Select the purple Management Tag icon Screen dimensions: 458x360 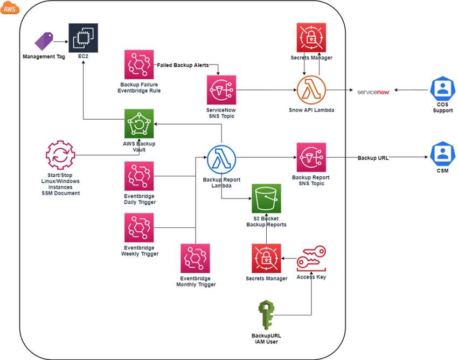pos(44,41)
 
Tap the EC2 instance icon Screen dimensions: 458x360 pos(83,38)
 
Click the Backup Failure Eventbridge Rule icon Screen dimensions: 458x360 pos(139,65)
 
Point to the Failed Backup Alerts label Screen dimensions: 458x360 pos(183,65)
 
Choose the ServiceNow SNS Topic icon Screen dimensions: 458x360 pos(221,90)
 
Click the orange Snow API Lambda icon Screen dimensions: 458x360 pos(311,90)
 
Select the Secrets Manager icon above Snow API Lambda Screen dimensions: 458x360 pos(311,38)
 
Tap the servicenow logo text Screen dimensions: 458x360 pos(373,92)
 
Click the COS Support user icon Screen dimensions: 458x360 pos(443,88)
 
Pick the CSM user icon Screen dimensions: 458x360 pos(443,154)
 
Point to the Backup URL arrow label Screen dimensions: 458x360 pos(373,158)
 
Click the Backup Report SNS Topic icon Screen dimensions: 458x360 pos(311,157)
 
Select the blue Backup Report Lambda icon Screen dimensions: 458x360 pos(221,160)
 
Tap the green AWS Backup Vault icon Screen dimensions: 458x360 pos(139,123)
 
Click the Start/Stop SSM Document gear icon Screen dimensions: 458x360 pos(60,155)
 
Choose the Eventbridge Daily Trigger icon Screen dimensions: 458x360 pos(139,176)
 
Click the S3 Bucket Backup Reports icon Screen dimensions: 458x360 pos(266,198)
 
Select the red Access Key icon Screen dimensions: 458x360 pos(311,259)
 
